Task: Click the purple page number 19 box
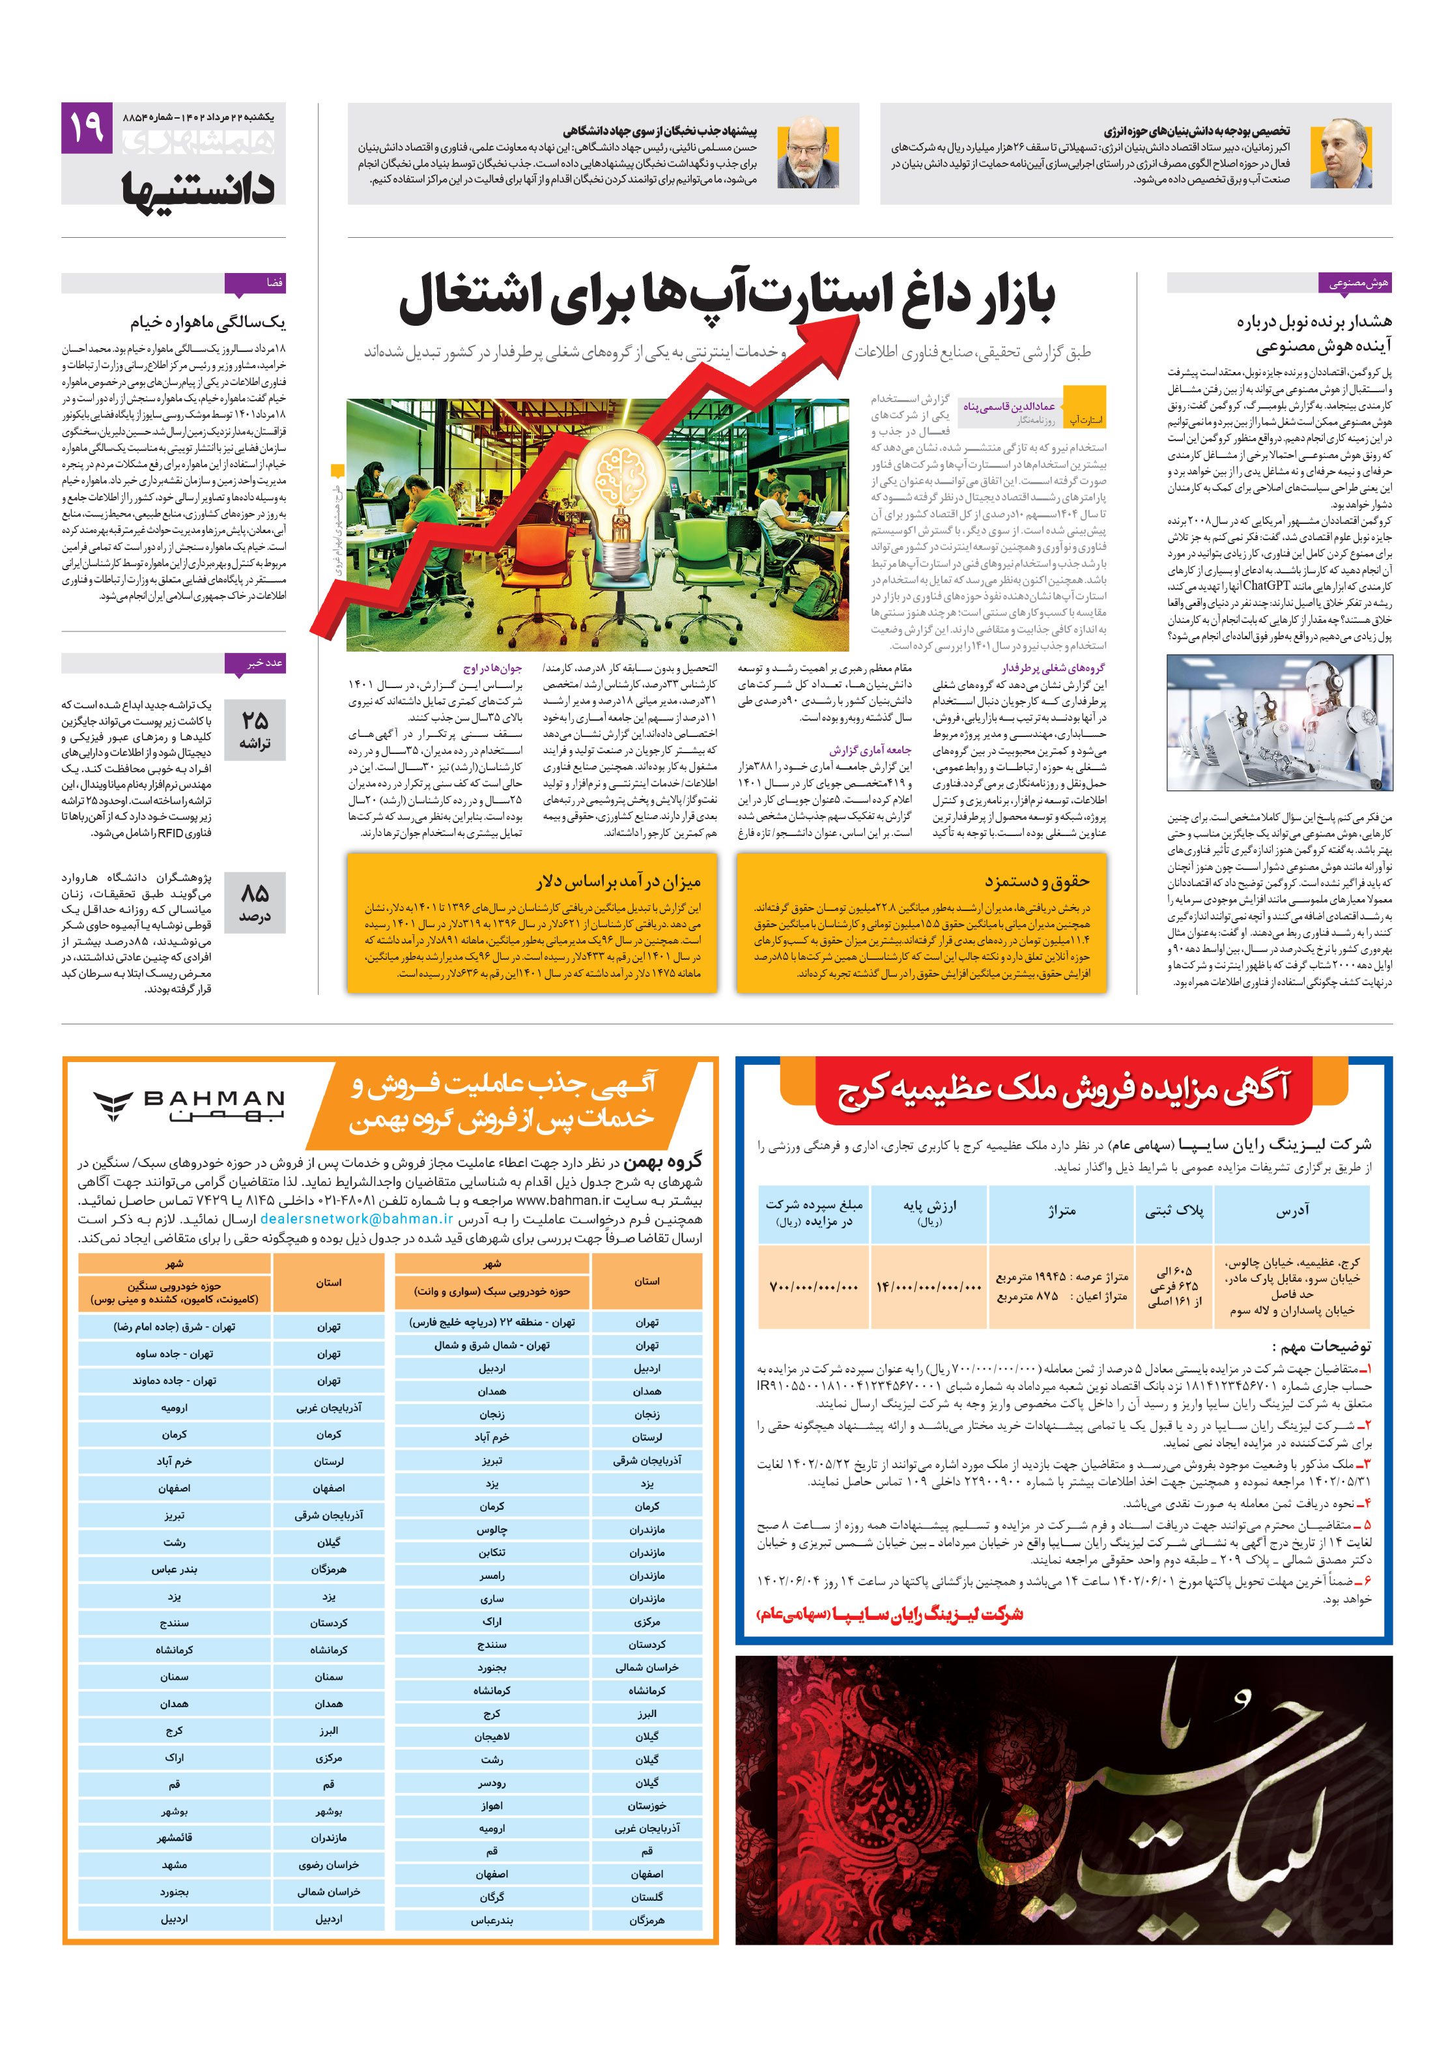click(87, 128)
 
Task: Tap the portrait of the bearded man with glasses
click(807, 152)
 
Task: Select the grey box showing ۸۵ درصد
click(254, 902)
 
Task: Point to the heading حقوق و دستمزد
click(1036, 881)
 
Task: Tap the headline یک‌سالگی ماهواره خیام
click(208, 321)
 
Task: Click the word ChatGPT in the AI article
click(1266, 586)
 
